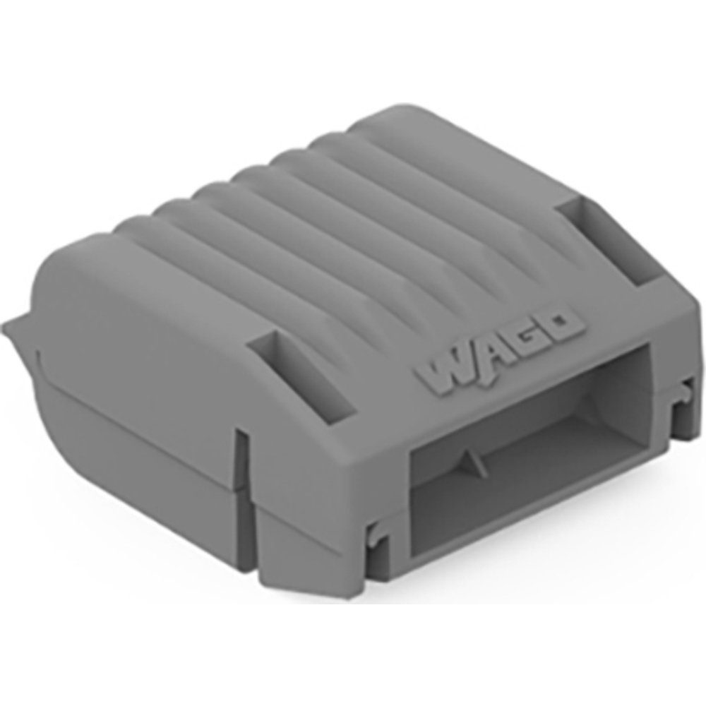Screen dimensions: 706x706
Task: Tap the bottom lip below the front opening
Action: coord(537,558)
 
